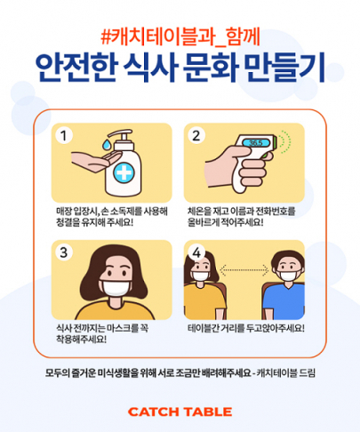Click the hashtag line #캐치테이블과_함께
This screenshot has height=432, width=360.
[180, 38]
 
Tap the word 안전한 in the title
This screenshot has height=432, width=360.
[76, 68]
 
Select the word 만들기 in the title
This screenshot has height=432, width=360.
[285, 68]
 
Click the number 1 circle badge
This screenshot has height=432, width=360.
[64, 136]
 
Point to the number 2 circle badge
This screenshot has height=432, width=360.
[196, 136]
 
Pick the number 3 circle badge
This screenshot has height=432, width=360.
[64, 252]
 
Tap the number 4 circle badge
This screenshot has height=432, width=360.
[196, 252]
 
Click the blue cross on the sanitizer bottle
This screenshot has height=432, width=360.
[124, 172]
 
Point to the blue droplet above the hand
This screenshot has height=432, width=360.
[107, 145]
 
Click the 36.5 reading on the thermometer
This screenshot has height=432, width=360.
[256, 143]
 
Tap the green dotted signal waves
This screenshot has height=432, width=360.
[285, 142]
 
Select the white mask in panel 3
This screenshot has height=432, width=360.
[116, 289]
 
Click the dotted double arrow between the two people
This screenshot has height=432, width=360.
[244, 270]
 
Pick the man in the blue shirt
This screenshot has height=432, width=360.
[284, 285]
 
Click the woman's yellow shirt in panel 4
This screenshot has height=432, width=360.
[204, 300]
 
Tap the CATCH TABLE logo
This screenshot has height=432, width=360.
[180, 412]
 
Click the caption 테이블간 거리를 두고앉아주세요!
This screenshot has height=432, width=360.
[246, 328]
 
